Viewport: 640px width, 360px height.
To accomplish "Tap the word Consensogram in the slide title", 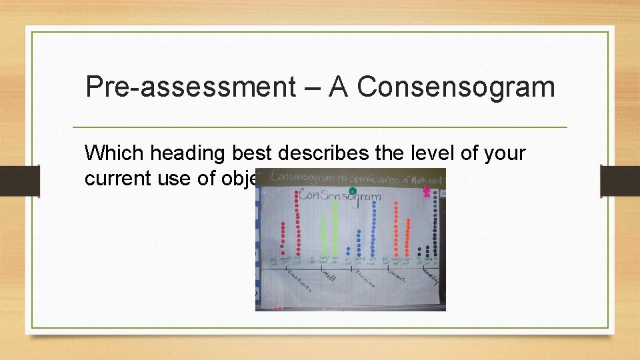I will (455, 87).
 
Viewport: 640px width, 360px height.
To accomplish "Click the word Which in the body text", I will (114, 154).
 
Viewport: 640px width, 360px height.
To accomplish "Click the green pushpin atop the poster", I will (353, 191).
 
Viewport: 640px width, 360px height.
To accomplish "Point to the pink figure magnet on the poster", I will (427, 192).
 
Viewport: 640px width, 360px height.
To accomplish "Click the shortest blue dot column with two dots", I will (349, 251).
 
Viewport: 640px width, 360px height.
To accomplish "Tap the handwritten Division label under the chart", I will (365, 277).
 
